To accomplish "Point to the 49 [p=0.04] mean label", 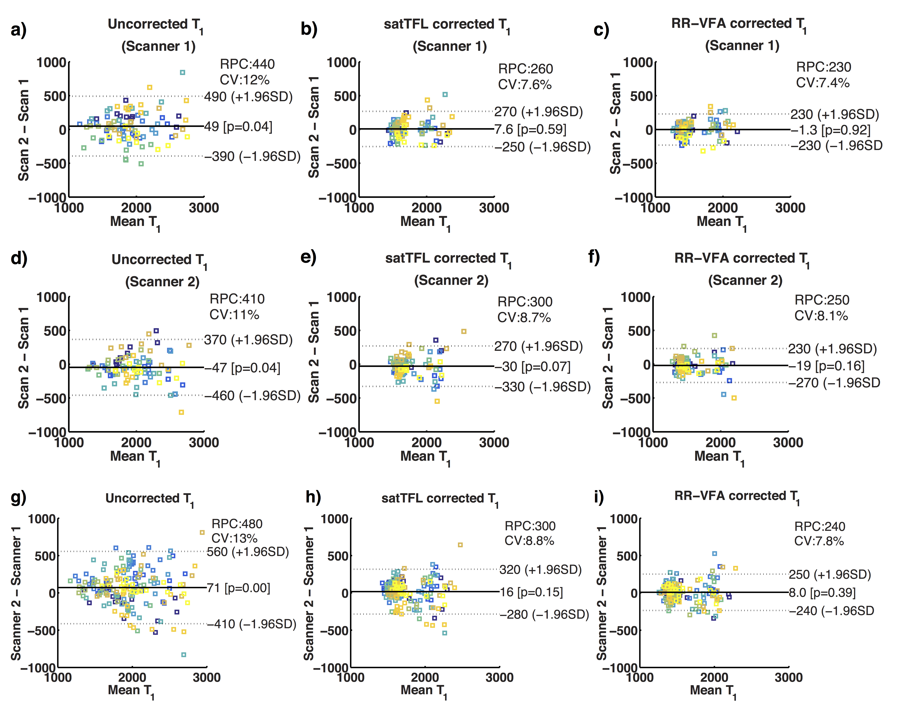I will click(238, 127).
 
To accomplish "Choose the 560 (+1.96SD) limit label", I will click(248, 552).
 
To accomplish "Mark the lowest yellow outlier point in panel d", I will click(181, 412).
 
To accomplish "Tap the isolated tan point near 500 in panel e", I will click(463, 331).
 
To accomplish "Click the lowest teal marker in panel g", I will click(184, 654).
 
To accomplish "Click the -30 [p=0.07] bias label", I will click(533, 367).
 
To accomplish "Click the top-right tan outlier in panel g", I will click(202, 532).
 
